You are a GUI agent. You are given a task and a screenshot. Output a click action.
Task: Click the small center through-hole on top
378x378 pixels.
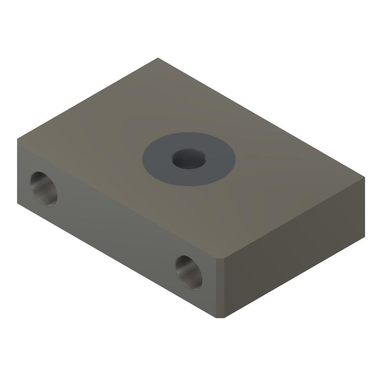tap(189, 159)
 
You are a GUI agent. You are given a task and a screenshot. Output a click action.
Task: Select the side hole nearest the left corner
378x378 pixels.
tap(44, 189)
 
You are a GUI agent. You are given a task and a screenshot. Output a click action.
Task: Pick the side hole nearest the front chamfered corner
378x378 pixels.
tap(189, 272)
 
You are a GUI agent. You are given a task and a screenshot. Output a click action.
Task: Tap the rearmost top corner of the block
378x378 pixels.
tap(158, 58)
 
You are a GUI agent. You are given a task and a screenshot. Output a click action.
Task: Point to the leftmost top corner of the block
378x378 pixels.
tap(18, 139)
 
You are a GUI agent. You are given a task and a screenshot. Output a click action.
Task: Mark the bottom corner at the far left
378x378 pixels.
tap(18, 203)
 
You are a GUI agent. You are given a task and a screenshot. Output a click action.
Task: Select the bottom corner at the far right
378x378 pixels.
tap(365, 237)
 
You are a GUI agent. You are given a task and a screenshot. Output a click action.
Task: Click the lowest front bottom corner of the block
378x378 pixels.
tap(220, 317)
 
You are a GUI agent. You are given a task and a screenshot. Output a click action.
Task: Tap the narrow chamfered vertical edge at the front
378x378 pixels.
tap(220, 288)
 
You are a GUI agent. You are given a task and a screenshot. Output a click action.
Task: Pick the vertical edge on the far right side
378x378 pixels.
tap(365, 207)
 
